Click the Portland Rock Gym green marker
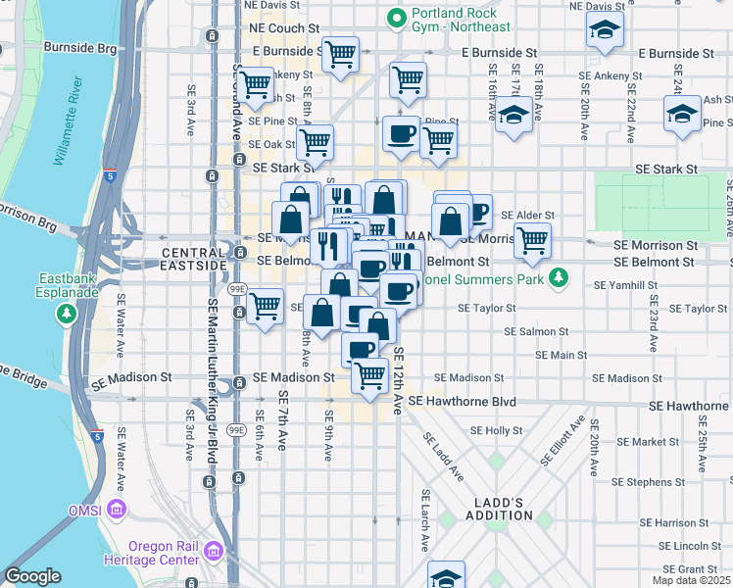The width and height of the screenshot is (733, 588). point(397,18)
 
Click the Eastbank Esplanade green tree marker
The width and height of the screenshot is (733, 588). point(66,314)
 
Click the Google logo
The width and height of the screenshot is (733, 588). point(32,576)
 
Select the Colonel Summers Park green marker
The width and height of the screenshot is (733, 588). point(558,278)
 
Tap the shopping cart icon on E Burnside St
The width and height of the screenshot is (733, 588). point(340,54)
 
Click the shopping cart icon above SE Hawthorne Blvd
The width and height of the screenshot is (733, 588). point(369,376)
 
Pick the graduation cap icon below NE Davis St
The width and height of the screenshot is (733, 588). point(605,30)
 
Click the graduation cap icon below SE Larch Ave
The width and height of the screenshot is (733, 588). point(446,575)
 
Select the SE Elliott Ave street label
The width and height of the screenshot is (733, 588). point(563,443)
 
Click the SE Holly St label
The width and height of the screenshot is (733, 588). point(497,430)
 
